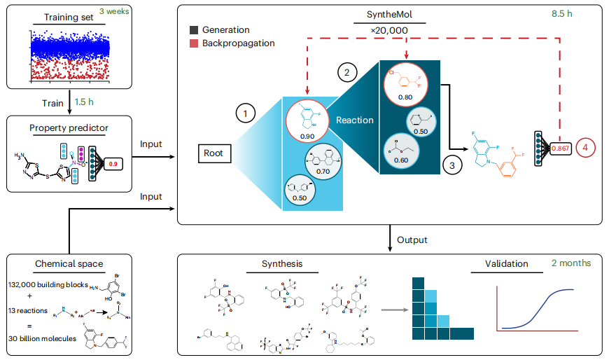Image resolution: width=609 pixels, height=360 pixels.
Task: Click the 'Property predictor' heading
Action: point(68,127)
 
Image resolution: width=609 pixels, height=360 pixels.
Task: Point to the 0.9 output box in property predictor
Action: point(113,164)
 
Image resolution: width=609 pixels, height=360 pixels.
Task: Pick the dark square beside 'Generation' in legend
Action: point(192,30)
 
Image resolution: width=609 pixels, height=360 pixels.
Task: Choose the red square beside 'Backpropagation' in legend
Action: point(192,43)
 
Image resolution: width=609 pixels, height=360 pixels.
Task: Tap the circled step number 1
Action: point(246,112)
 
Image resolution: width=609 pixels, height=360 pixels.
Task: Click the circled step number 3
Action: point(453,165)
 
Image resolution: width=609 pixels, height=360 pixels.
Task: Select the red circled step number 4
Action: point(585,148)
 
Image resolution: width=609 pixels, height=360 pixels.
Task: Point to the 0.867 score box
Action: point(559,148)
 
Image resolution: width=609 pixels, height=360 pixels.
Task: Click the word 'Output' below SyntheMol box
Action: point(413,240)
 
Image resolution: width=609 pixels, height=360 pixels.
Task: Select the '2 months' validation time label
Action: point(570,263)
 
